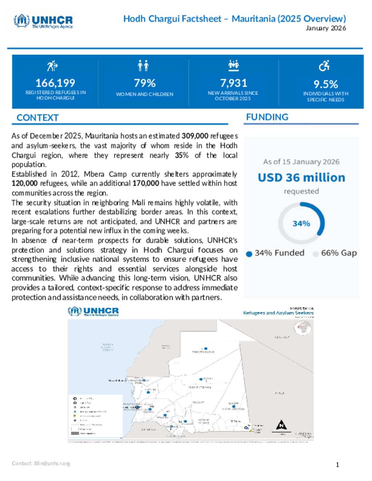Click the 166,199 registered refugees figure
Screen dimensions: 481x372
point(55,83)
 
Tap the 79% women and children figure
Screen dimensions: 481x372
point(145,83)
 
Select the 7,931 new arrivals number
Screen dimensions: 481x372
point(233,83)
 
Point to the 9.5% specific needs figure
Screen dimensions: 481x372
point(325,84)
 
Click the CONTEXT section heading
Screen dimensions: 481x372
point(37,118)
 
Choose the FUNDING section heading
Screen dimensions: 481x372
point(267,117)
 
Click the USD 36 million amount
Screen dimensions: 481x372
point(301,178)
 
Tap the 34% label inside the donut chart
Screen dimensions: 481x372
point(301,224)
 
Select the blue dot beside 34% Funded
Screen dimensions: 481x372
point(249,254)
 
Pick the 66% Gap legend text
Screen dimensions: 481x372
point(339,253)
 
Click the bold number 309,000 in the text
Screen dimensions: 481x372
point(195,136)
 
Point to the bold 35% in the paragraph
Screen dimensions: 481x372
point(182,155)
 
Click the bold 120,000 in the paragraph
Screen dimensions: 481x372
point(24,183)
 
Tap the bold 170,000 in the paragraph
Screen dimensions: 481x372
point(146,183)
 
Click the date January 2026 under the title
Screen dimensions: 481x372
point(325,28)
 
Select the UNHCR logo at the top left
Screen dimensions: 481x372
point(43,21)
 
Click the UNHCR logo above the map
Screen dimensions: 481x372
point(93,311)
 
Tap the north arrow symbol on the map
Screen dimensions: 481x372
point(281,425)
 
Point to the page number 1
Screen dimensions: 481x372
point(337,465)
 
